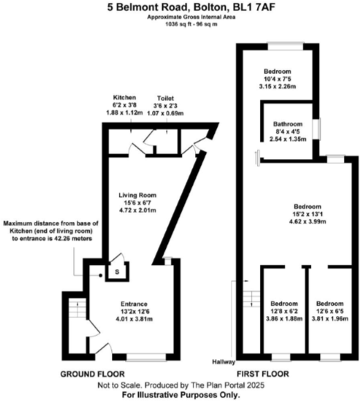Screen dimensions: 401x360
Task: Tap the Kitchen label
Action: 124,97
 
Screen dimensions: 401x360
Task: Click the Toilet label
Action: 167,98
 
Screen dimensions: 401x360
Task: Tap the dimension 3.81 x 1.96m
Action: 328,319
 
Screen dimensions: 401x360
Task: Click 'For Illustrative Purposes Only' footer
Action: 180,395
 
